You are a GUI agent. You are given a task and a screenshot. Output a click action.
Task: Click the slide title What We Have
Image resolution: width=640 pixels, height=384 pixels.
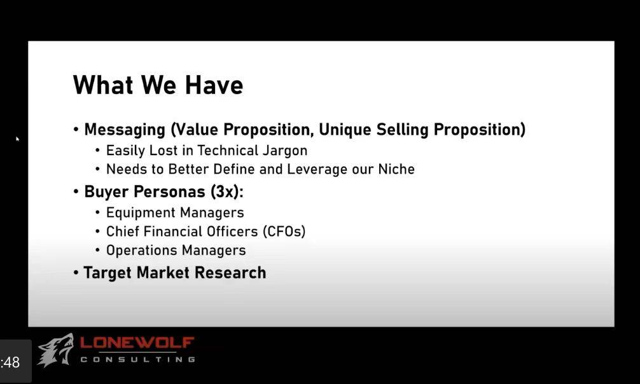158,85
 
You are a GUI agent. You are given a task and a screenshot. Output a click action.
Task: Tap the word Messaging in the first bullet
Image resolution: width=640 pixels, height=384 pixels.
125,130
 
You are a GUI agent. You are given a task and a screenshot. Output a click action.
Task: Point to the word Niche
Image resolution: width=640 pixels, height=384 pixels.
396,169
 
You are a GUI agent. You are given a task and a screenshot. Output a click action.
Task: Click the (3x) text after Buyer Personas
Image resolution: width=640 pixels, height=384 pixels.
227,191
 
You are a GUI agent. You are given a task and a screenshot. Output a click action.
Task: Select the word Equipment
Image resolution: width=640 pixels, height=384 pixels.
141,212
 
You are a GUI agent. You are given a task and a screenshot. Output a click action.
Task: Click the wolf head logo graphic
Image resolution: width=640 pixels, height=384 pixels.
55,350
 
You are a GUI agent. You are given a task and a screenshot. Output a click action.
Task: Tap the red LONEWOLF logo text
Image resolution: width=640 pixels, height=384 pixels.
137,343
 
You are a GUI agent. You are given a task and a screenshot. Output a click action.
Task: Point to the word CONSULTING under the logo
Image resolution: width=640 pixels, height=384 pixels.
138,359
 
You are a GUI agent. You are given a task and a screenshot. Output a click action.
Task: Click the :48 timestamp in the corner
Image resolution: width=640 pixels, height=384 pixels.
10,362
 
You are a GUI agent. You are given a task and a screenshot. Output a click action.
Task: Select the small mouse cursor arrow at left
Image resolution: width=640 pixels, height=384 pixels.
18,139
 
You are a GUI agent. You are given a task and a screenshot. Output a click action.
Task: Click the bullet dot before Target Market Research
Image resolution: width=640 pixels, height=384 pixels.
76,273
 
